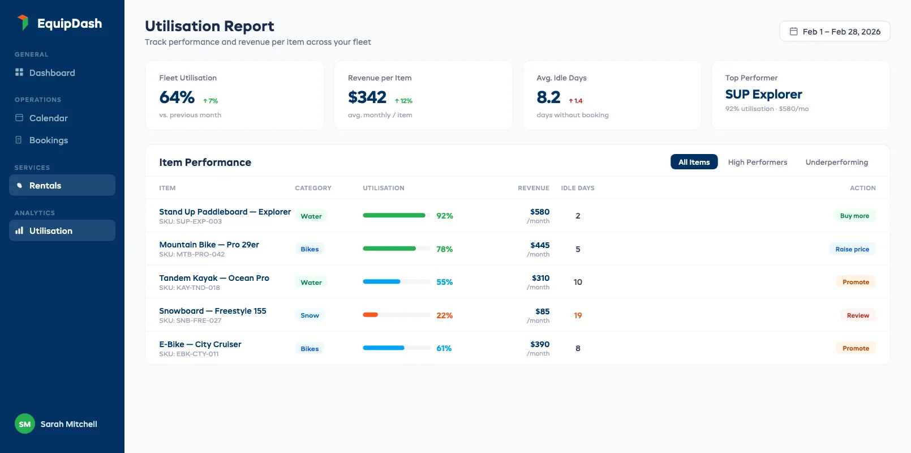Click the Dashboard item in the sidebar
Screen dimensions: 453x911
51,72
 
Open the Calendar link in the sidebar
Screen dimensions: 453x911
48,118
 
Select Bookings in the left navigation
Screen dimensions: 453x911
48,140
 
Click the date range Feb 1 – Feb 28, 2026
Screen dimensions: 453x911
835,32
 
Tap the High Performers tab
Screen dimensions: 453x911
757,162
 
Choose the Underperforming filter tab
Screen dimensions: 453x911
836,162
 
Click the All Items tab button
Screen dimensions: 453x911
694,162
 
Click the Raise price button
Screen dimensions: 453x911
852,249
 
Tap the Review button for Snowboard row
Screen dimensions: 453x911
857,315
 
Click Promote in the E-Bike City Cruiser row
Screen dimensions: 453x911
855,348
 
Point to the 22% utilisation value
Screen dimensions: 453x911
444,315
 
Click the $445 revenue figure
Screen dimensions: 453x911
540,245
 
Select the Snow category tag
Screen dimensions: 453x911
310,315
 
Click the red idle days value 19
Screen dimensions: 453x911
578,315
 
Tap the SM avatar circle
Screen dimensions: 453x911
25,424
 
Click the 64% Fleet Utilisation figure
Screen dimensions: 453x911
177,97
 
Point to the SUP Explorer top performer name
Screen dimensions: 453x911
763,94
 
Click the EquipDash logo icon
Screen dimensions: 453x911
23,23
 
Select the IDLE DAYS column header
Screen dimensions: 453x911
577,188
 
